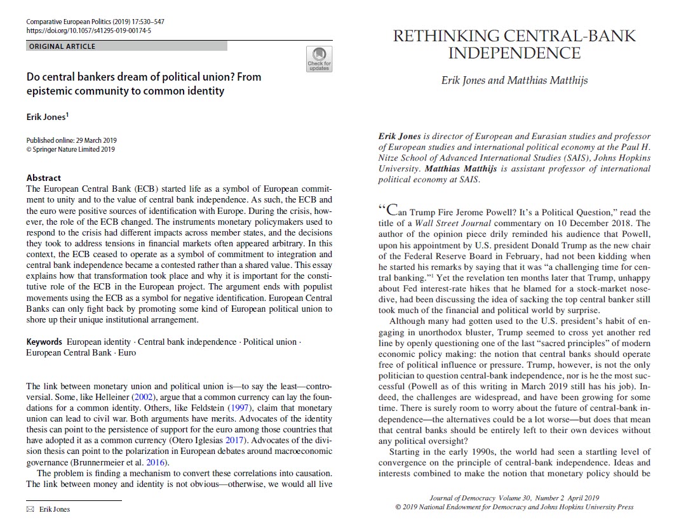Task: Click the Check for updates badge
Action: (319, 58)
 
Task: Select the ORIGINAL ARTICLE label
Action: (62, 46)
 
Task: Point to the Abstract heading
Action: (44, 178)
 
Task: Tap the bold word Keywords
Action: (44, 342)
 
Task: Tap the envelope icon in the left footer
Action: (30, 509)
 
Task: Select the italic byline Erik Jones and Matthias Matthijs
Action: (514, 80)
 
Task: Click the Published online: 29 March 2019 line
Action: (72, 140)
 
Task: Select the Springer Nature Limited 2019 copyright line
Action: (71, 149)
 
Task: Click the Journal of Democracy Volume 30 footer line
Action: (513, 498)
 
